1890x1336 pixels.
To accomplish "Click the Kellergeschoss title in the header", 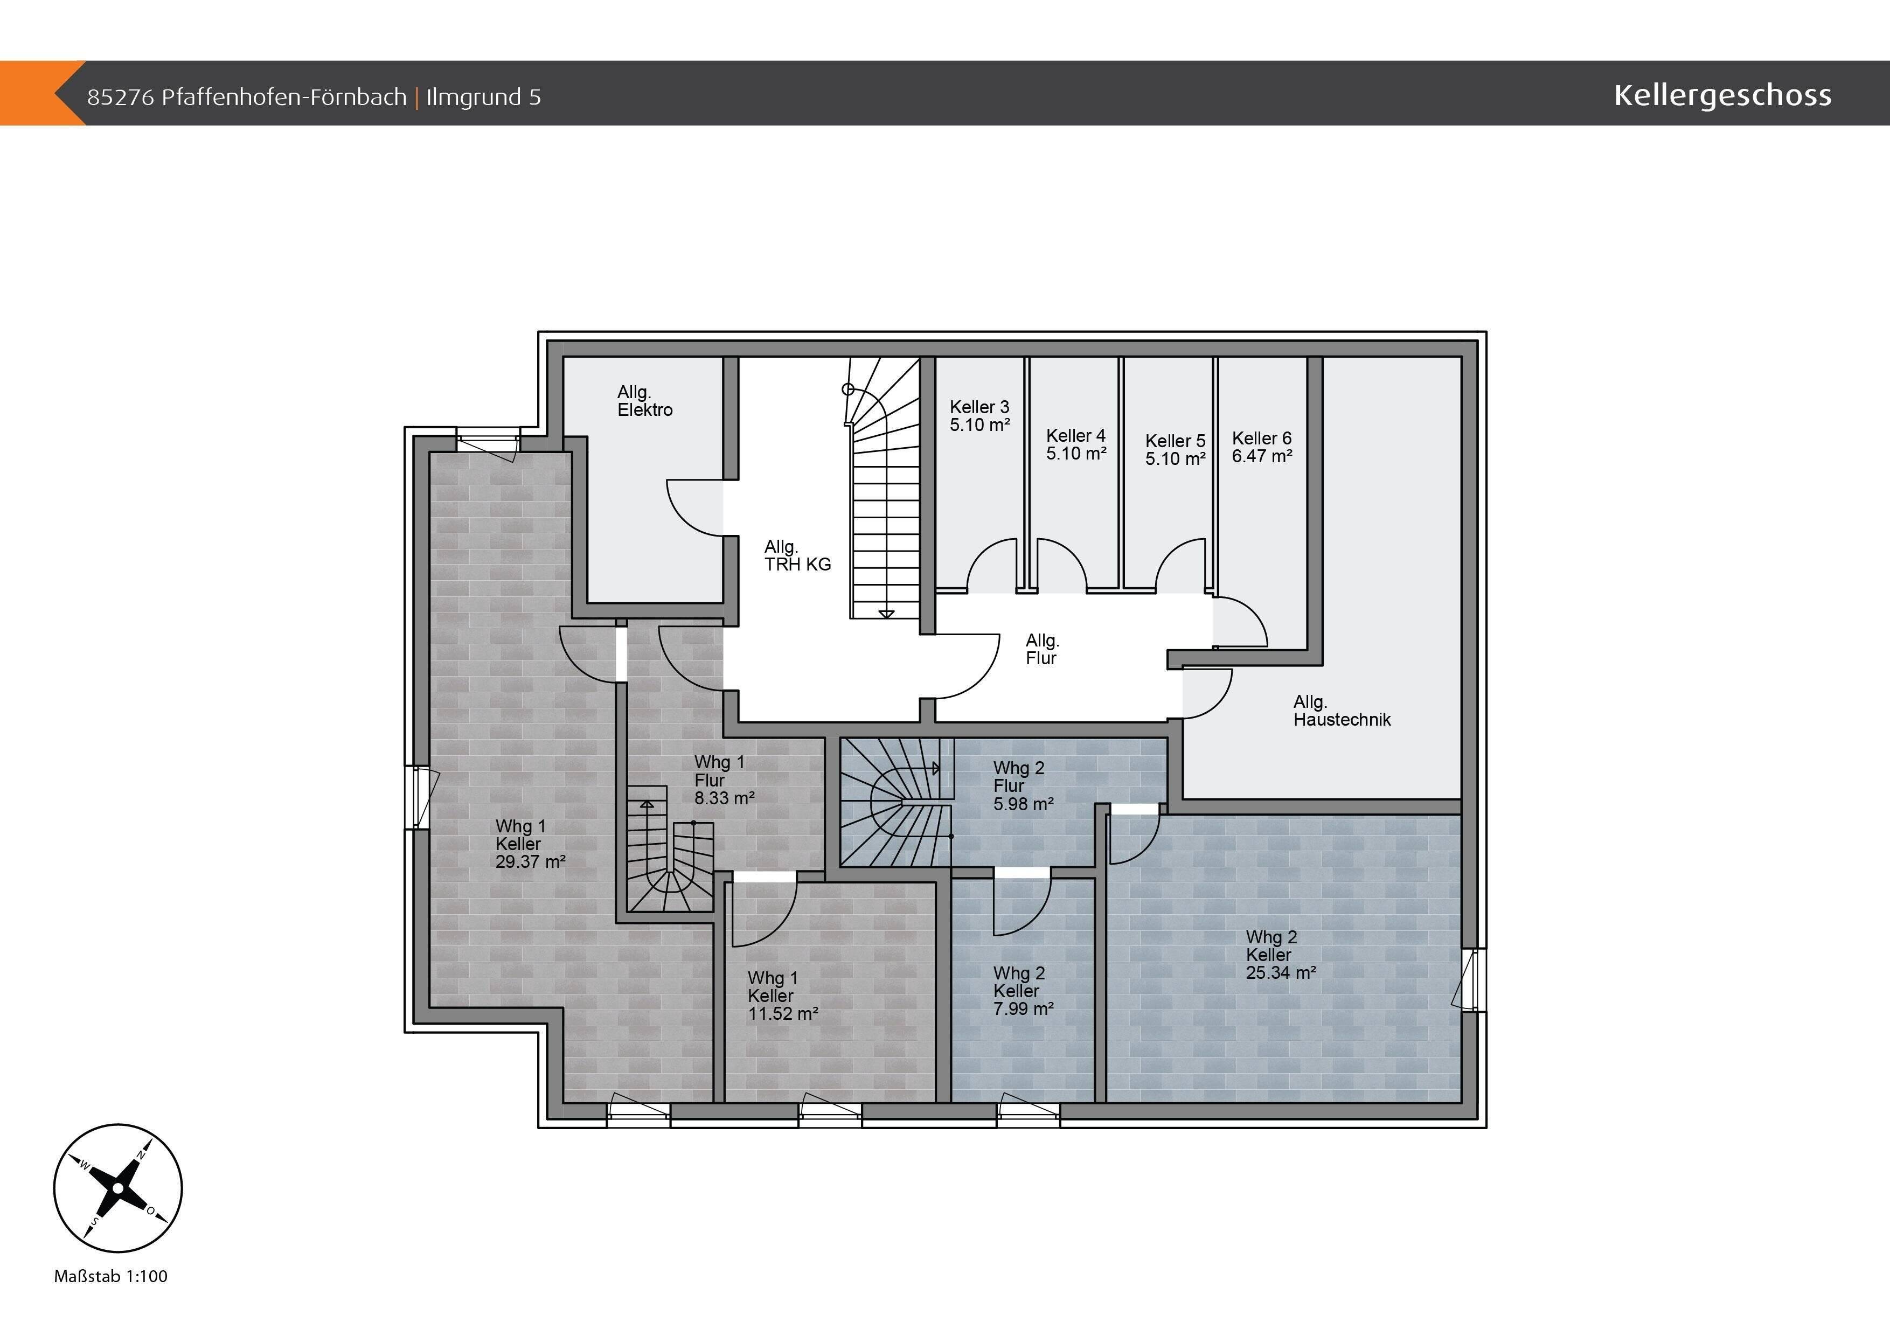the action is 1722,95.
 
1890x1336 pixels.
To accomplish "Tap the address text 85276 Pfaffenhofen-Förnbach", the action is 247,97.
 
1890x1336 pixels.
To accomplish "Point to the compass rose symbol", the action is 117,1188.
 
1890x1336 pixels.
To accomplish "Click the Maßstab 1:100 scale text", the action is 110,1276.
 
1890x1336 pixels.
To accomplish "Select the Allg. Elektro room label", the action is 644,401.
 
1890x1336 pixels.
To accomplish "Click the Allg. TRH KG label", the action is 797,555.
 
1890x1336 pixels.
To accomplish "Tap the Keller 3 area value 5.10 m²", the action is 979,425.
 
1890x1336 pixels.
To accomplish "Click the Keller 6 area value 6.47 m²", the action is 1262,456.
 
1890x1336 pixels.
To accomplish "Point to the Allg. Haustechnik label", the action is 1342,711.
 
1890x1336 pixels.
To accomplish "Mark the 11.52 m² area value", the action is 783,1013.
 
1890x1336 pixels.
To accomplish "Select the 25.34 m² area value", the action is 1281,972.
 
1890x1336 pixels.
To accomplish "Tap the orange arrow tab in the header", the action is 43,93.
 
